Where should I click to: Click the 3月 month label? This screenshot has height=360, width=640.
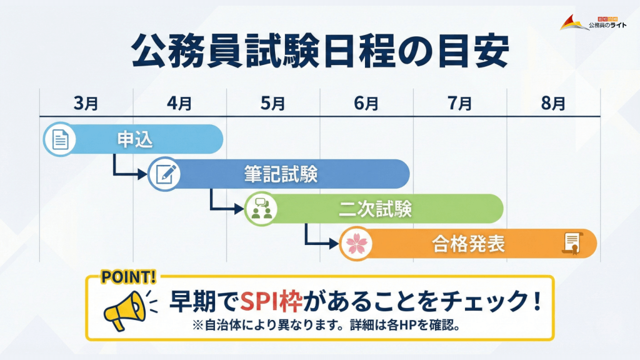[x=86, y=103]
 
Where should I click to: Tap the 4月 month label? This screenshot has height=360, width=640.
[x=179, y=103]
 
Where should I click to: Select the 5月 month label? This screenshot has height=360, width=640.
[x=273, y=103]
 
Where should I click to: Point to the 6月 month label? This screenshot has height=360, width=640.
[x=366, y=103]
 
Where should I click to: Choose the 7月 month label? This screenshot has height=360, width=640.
[x=460, y=103]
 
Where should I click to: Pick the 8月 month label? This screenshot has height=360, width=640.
[x=553, y=103]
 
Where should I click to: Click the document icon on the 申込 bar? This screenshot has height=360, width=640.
[x=59, y=139]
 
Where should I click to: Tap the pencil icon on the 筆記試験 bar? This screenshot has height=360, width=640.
[x=164, y=174]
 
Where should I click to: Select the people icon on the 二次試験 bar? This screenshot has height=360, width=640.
[x=261, y=209]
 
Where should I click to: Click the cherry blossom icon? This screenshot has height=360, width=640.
[x=356, y=243]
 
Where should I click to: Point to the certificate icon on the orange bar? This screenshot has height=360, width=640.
[x=571, y=242]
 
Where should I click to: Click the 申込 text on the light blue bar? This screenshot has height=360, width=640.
[x=135, y=139]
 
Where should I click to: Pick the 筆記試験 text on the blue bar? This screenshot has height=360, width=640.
[x=281, y=174]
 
